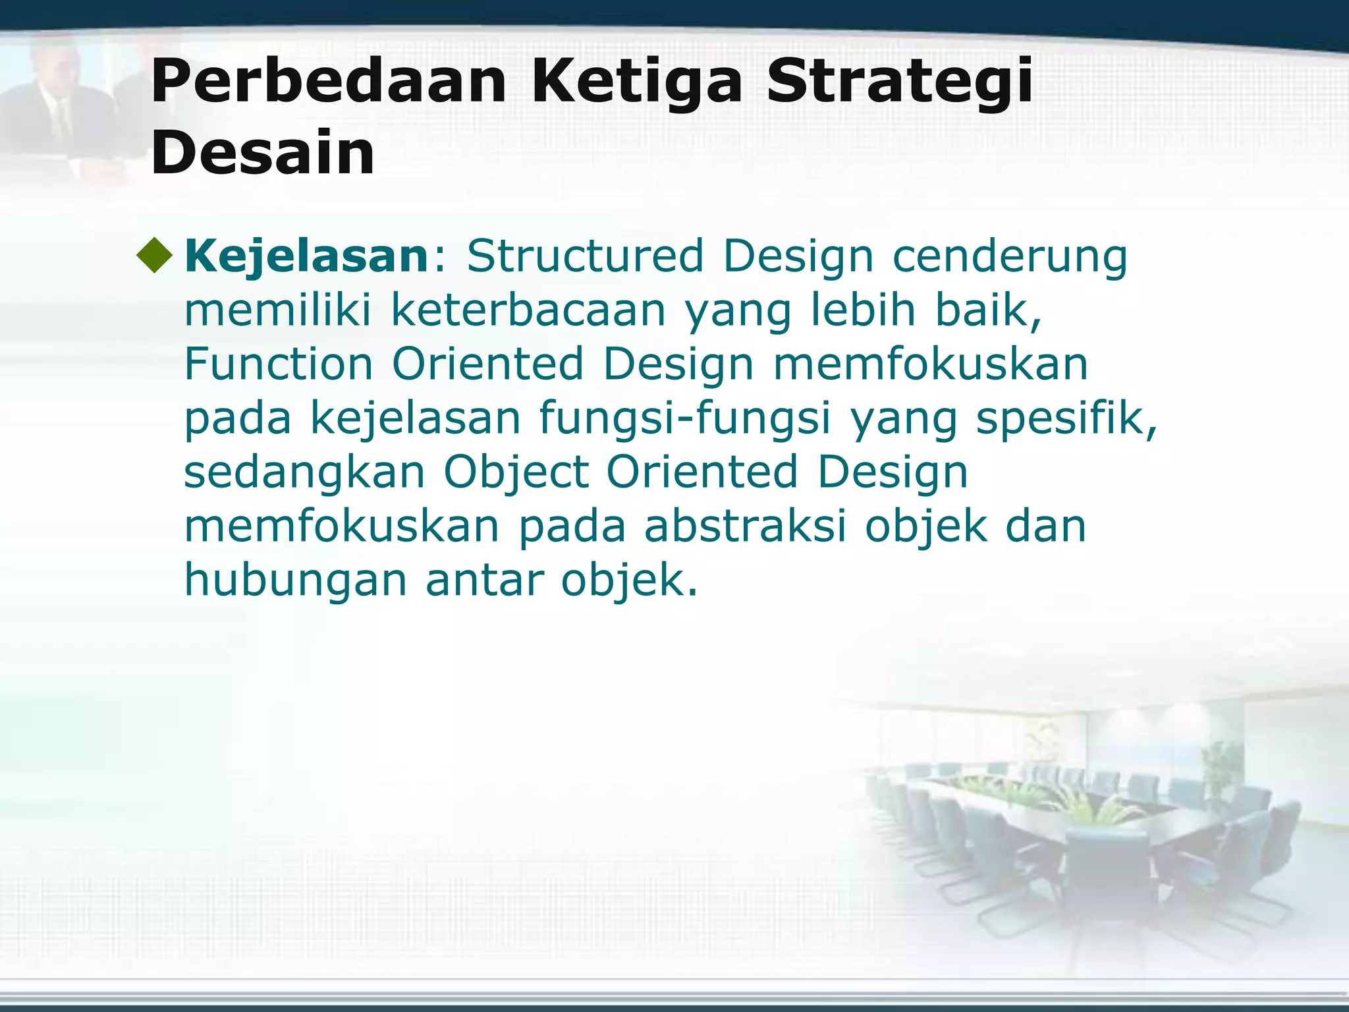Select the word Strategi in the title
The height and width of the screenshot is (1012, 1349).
tap(898, 82)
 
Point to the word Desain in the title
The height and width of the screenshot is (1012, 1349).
tap(262, 154)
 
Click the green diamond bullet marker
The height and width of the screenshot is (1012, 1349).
tap(155, 256)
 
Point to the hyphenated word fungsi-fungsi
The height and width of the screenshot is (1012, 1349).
tap(685, 418)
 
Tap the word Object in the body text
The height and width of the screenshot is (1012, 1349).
tap(516, 472)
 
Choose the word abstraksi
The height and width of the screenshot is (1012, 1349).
tap(744, 526)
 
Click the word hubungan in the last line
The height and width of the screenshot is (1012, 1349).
tap(295, 580)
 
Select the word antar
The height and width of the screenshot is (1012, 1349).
tap(484, 580)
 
